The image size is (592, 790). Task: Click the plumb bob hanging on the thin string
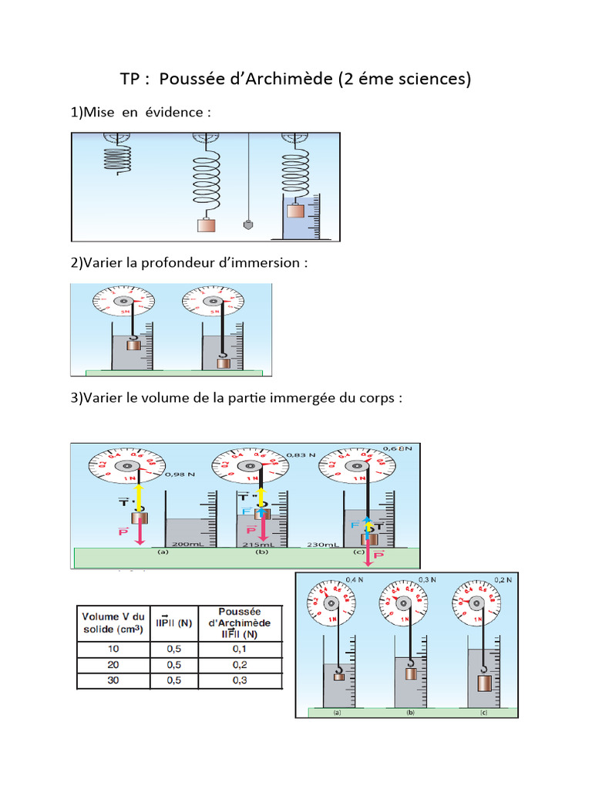[x=248, y=225]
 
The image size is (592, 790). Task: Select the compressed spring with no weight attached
[x=118, y=160]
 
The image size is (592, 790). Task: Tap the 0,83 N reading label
[x=301, y=455]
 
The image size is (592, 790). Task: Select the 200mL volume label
[x=186, y=544]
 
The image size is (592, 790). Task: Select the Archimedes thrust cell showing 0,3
[x=239, y=681]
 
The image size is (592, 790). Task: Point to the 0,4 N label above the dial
[x=355, y=579]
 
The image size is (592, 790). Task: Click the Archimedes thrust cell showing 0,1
[x=239, y=650]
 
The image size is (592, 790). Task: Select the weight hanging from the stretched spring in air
[x=207, y=225]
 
